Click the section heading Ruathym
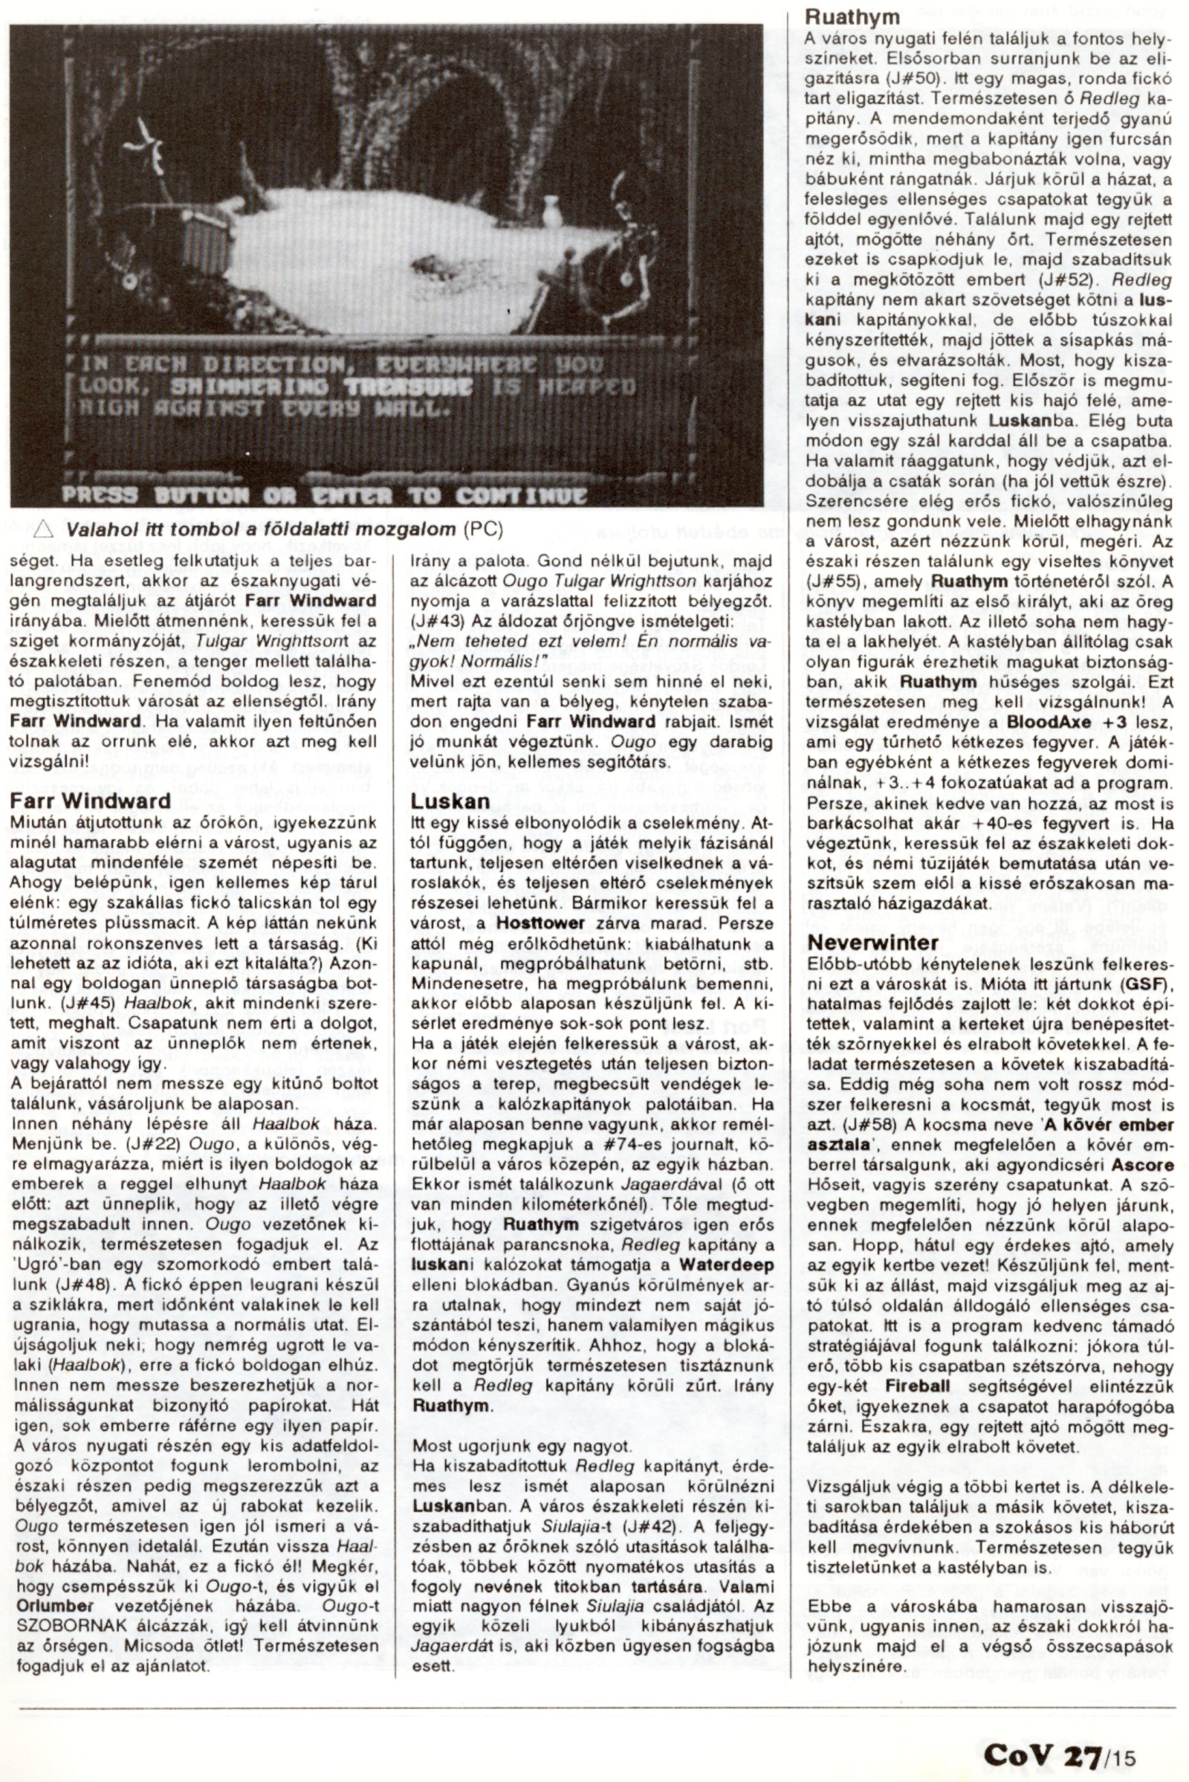pos(852,16)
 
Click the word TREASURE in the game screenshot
pos(408,387)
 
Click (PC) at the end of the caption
pos(482,529)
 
